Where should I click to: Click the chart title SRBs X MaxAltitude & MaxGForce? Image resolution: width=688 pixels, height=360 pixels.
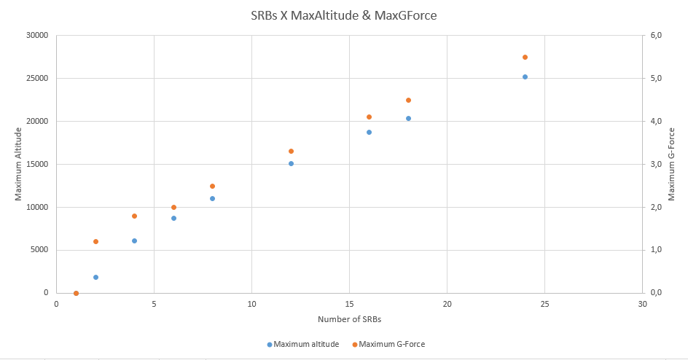click(343, 15)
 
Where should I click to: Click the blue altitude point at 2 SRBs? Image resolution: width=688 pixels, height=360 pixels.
click(95, 277)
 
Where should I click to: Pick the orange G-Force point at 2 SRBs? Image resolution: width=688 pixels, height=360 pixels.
click(95, 241)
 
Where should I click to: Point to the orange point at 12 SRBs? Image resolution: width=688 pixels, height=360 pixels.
click(291, 151)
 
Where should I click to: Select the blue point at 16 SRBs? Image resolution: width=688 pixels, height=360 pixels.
click(369, 132)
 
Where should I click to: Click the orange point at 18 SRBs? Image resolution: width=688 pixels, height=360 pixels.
click(408, 100)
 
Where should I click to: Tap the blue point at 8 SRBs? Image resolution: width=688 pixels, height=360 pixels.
click(212, 198)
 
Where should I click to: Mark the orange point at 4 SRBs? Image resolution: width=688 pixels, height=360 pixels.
click(134, 216)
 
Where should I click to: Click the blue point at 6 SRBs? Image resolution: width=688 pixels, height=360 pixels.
click(173, 218)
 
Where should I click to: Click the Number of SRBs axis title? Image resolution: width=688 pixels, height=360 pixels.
click(349, 320)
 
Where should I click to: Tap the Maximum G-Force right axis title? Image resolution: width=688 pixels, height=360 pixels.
click(671, 164)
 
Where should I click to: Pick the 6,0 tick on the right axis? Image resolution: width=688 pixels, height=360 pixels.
click(655, 35)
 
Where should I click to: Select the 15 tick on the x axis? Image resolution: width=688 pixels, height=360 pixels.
click(349, 303)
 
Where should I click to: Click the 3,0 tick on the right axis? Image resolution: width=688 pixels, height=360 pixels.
click(655, 164)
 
